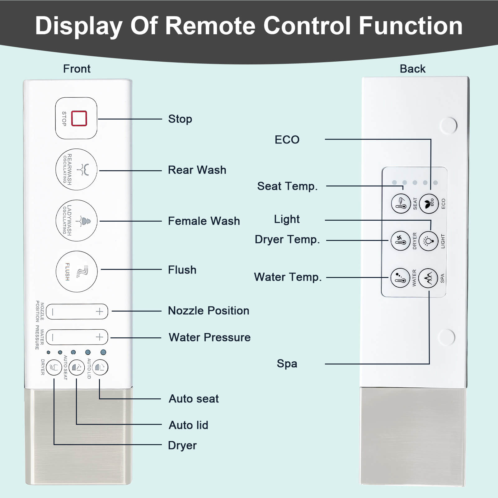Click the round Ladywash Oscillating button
coord(76,221)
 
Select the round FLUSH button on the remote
coord(77,271)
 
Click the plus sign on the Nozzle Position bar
coord(99,312)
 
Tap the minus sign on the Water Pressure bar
coord(53,337)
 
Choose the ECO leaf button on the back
coord(429,204)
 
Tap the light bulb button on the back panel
coord(428,241)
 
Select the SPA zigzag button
coord(428,278)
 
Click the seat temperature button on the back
coord(401,204)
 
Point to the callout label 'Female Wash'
coord(204,221)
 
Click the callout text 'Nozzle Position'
coord(209,311)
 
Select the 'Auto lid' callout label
coord(188,425)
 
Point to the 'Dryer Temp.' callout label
coord(287,240)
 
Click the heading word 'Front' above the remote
coord(77,69)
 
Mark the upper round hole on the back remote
coord(449,125)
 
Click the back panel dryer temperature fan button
coord(401,241)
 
